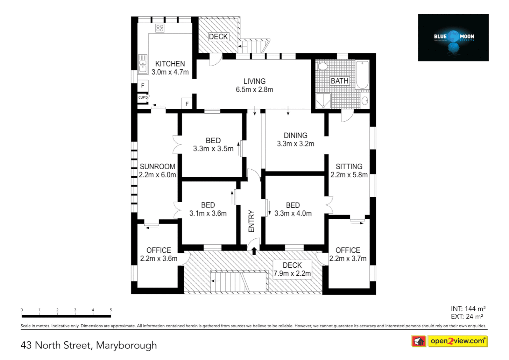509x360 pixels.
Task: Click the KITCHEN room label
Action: [170, 64]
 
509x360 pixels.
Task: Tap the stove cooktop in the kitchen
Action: [160, 28]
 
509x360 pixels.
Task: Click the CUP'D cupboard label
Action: [143, 98]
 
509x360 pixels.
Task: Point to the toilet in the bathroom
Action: [322, 66]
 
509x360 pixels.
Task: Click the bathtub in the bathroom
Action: [362, 75]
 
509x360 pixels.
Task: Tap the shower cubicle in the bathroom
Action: [323, 101]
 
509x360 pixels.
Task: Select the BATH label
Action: [339, 81]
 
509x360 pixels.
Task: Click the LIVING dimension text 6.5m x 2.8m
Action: [254, 90]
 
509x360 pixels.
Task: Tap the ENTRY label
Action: [252, 221]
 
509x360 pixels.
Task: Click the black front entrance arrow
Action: [254, 251]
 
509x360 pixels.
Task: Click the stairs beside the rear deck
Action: [253, 46]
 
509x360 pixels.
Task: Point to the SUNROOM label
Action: [157, 166]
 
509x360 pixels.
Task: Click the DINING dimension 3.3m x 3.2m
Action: [295, 144]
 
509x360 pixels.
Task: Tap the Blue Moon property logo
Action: [453, 38]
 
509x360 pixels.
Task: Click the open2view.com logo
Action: [457, 341]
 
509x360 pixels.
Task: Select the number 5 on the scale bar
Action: [111, 310]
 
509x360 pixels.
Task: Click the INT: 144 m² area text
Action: [468, 309]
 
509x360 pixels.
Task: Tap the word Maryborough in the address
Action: [126, 345]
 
